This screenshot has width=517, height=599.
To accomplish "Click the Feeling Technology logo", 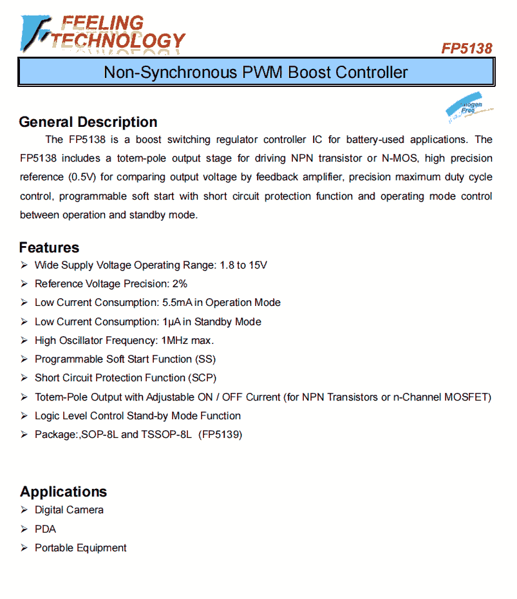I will pos(103,33).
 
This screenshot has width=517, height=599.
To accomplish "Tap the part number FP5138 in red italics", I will pos(466,49).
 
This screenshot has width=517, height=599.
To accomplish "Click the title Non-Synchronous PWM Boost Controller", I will pos(256,72).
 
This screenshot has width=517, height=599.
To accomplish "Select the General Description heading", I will pos(88,122).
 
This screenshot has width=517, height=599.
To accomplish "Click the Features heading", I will pos(49,248).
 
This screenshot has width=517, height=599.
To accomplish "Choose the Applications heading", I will pos(63,492).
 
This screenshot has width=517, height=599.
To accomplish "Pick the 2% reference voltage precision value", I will pos(180,283).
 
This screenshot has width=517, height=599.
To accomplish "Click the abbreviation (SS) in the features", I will pos(205,359).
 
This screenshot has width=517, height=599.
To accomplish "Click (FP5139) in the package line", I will pos(220,435).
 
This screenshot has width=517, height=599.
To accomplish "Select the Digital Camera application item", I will pos(69,510).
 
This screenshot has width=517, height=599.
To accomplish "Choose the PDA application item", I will pos(45,529).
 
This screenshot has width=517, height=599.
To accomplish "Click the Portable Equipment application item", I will pos(80,548).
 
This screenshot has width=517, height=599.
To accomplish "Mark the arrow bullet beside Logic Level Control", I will pos(24,416).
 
